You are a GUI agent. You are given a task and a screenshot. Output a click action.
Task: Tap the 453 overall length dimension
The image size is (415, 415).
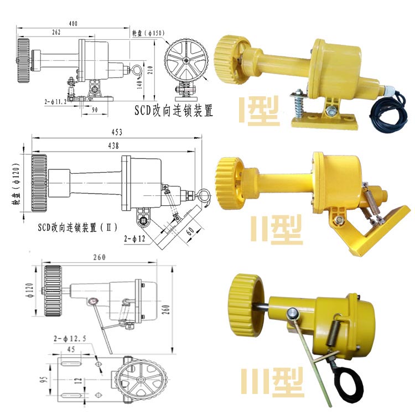[117, 132]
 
